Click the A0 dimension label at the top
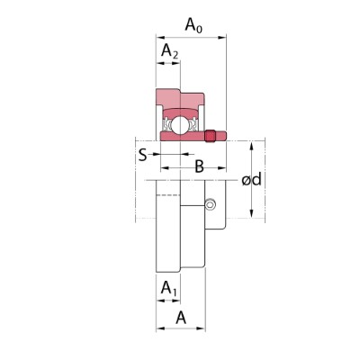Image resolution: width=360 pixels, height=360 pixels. click(x=193, y=25)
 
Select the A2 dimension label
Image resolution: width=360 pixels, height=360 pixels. click(x=169, y=50)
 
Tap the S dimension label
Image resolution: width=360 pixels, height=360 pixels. click(x=143, y=155)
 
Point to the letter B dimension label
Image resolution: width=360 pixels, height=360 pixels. click(x=199, y=166)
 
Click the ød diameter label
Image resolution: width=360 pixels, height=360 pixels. click(x=252, y=179)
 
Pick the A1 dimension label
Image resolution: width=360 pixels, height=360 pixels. click(x=169, y=288)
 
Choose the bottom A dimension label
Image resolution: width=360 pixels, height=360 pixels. click(x=181, y=318)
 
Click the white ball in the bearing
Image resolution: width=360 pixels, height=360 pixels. click(x=179, y=124)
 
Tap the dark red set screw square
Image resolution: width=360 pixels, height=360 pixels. click(x=211, y=136)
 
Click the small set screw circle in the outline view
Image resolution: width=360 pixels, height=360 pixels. click(x=211, y=204)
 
